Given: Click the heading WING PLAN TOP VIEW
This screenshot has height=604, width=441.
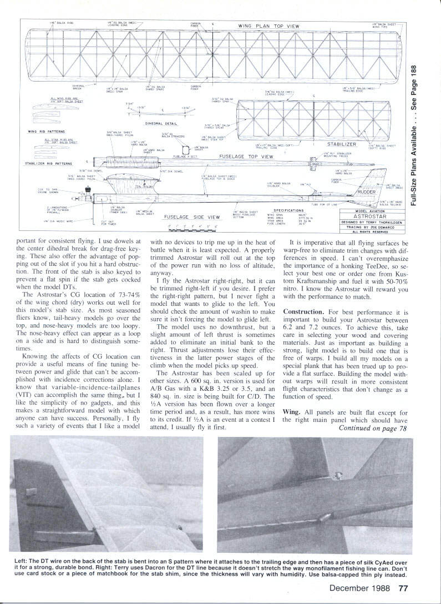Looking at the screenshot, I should pos(269,26).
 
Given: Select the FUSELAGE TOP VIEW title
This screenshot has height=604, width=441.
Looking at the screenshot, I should pos(247,157).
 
